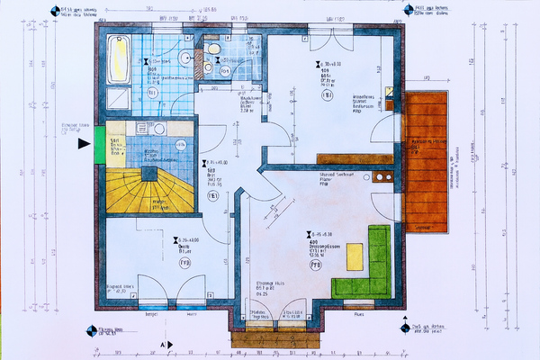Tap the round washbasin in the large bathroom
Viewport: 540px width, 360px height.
pos(184,58)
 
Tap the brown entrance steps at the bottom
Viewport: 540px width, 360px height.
pos(273,340)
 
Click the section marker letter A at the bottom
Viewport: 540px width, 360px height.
pos(162,345)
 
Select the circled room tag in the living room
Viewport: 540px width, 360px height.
pos(316,266)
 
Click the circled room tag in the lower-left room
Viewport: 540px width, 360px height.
pos(184,265)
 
